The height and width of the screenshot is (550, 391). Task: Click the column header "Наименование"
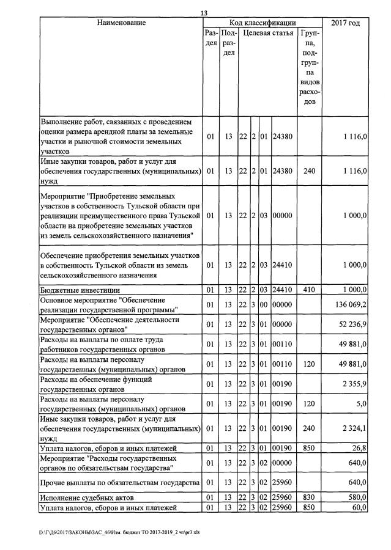click(121, 23)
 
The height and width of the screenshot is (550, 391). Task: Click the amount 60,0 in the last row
click(359, 507)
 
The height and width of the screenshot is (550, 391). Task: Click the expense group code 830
click(310, 498)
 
